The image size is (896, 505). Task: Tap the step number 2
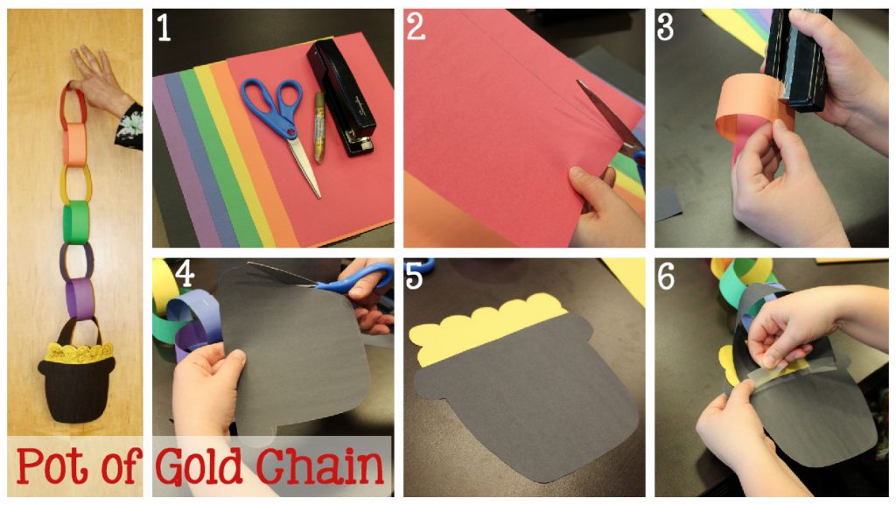[x=416, y=27]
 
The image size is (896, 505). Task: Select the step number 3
[x=665, y=27]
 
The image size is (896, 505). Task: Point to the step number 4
[x=185, y=274]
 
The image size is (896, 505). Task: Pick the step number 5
[x=414, y=277]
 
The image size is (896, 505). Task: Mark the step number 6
[x=666, y=277]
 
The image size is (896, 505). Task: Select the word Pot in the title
[x=53, y=466]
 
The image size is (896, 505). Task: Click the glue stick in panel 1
[x=318, y=128]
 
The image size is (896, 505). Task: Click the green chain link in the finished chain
[x=75, y=223]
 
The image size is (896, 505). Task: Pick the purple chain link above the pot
[x=80, y=298]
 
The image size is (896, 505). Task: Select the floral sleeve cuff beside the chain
[x=129, y=127]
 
